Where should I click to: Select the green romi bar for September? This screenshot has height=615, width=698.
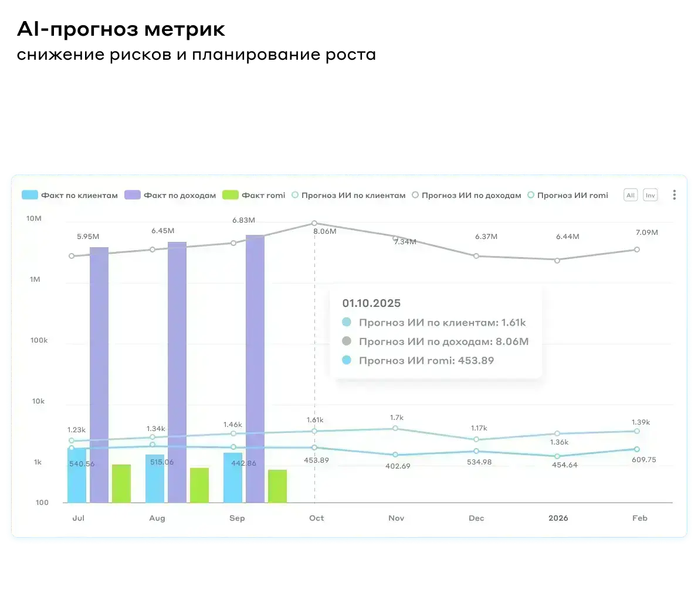pos(277,486)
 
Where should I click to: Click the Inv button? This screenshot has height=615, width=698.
pos(650,195)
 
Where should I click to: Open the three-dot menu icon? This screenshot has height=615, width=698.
pos(674,195)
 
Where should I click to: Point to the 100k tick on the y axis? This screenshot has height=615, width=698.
pos(39,340)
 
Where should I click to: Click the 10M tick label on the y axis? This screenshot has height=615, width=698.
pos(34,218)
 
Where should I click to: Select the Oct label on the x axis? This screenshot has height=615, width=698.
pos(316,518)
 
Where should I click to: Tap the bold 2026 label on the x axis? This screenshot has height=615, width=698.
pos(558,518)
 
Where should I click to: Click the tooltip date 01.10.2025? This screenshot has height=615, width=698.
pos(371,303)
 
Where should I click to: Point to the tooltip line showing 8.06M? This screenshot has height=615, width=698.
pos(443,341)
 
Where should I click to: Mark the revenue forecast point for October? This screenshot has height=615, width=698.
pos(314,223)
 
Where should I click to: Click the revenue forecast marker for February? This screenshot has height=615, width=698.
pos(637,250)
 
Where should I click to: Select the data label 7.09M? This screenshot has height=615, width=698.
pos(646,233)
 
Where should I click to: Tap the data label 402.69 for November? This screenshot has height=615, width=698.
pos(398,466)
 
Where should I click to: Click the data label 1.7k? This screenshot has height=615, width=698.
pos(397,418)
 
